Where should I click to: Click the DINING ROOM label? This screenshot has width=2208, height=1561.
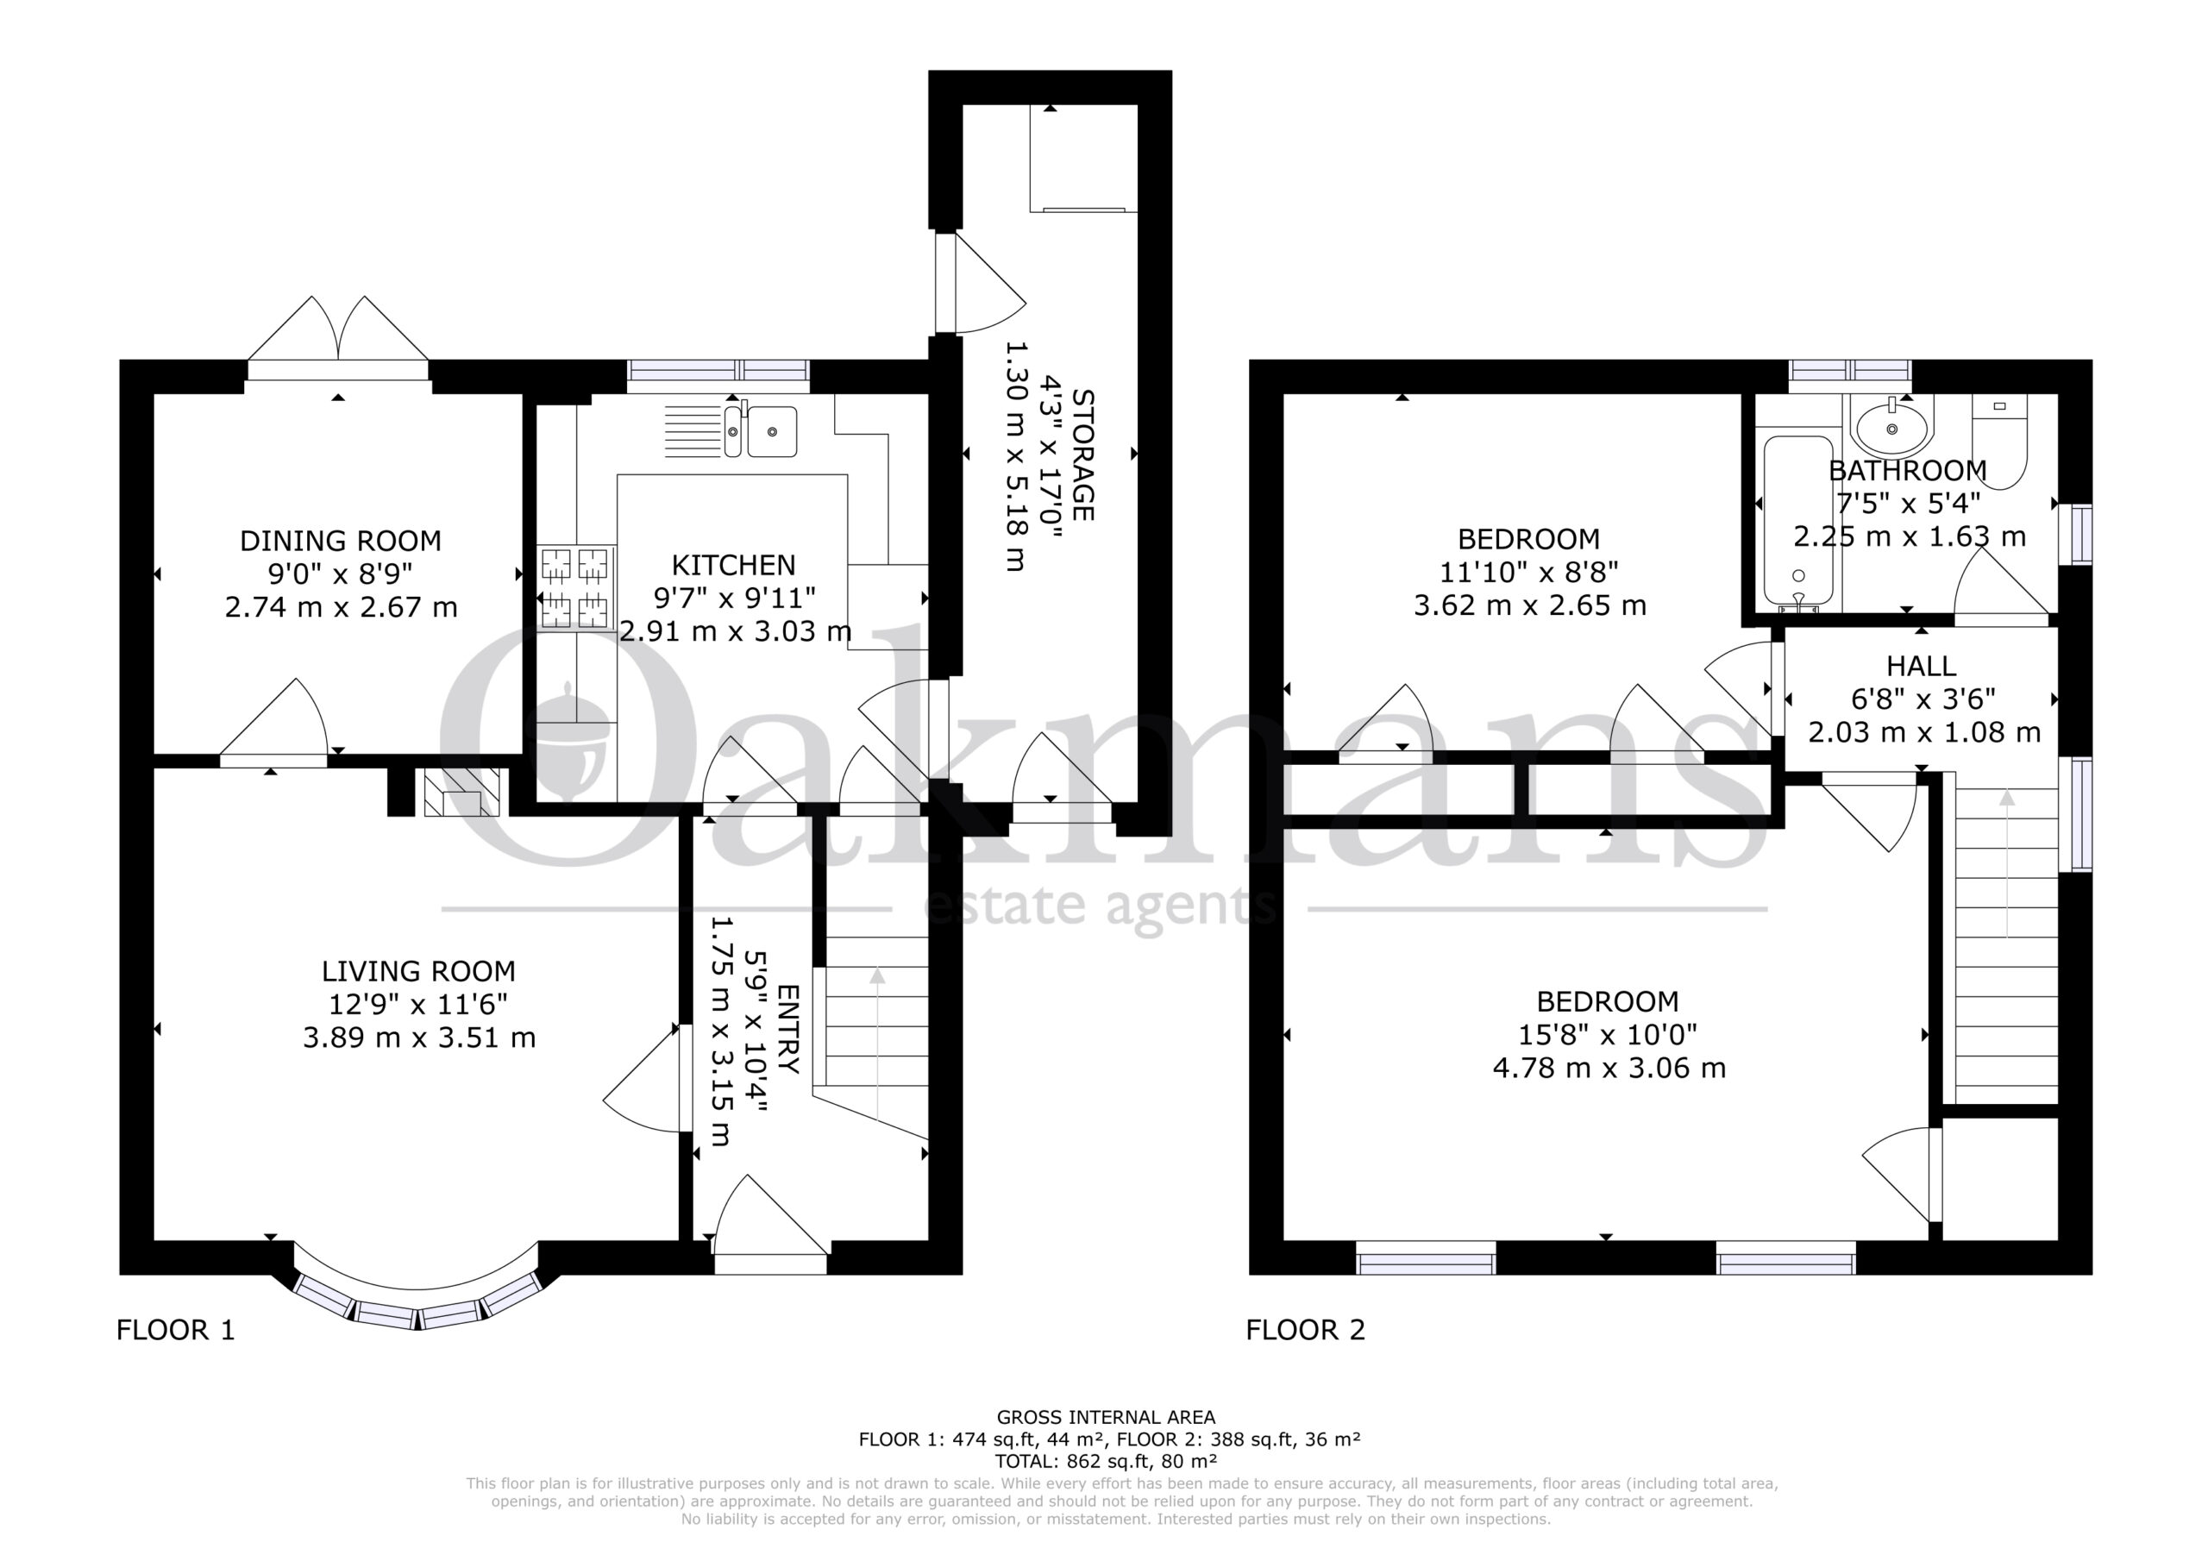coord(341,541)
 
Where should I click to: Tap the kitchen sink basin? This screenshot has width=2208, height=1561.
coord(772,432)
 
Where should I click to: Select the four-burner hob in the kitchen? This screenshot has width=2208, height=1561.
coord(576,587)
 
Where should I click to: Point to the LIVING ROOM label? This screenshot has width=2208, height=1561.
coord(418,971)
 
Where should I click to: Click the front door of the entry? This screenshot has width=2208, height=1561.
coord(770,1225)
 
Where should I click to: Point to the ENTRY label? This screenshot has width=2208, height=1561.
coord(787,1029)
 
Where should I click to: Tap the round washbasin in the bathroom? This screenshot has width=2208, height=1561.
coord(1891,428)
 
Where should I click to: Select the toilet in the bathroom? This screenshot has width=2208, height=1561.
coord(1999,440)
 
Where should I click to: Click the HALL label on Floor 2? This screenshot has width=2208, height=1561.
coord(1921,666)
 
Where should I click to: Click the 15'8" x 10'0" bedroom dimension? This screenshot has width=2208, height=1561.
coord(1608,1035)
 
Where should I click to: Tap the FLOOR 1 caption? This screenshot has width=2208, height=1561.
coord(176,1330)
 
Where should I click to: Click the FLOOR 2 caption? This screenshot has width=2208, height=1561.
coord(1305,1330)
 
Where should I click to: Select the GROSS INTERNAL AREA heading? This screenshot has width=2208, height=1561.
coord(1106,1417)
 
